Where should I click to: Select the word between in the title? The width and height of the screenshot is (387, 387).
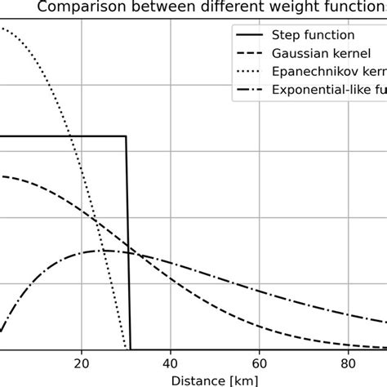[157, 9]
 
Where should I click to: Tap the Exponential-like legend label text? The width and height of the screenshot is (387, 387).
[335, 89]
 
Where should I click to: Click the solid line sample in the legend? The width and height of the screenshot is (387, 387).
[251, 36]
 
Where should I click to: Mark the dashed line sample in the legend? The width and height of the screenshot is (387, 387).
[251, 54]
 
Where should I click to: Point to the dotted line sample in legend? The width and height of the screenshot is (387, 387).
[251, 71]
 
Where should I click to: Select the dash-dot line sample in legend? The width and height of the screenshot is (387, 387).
[251, 89]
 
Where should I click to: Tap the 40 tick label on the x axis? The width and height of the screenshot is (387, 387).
[171, 363]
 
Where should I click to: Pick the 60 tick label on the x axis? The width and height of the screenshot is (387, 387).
[260, 363]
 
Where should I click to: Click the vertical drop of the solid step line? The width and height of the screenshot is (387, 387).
[128, 245]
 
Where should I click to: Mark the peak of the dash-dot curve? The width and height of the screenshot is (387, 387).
[106, 251]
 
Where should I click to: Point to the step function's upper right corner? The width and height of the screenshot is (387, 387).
[126, 136]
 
